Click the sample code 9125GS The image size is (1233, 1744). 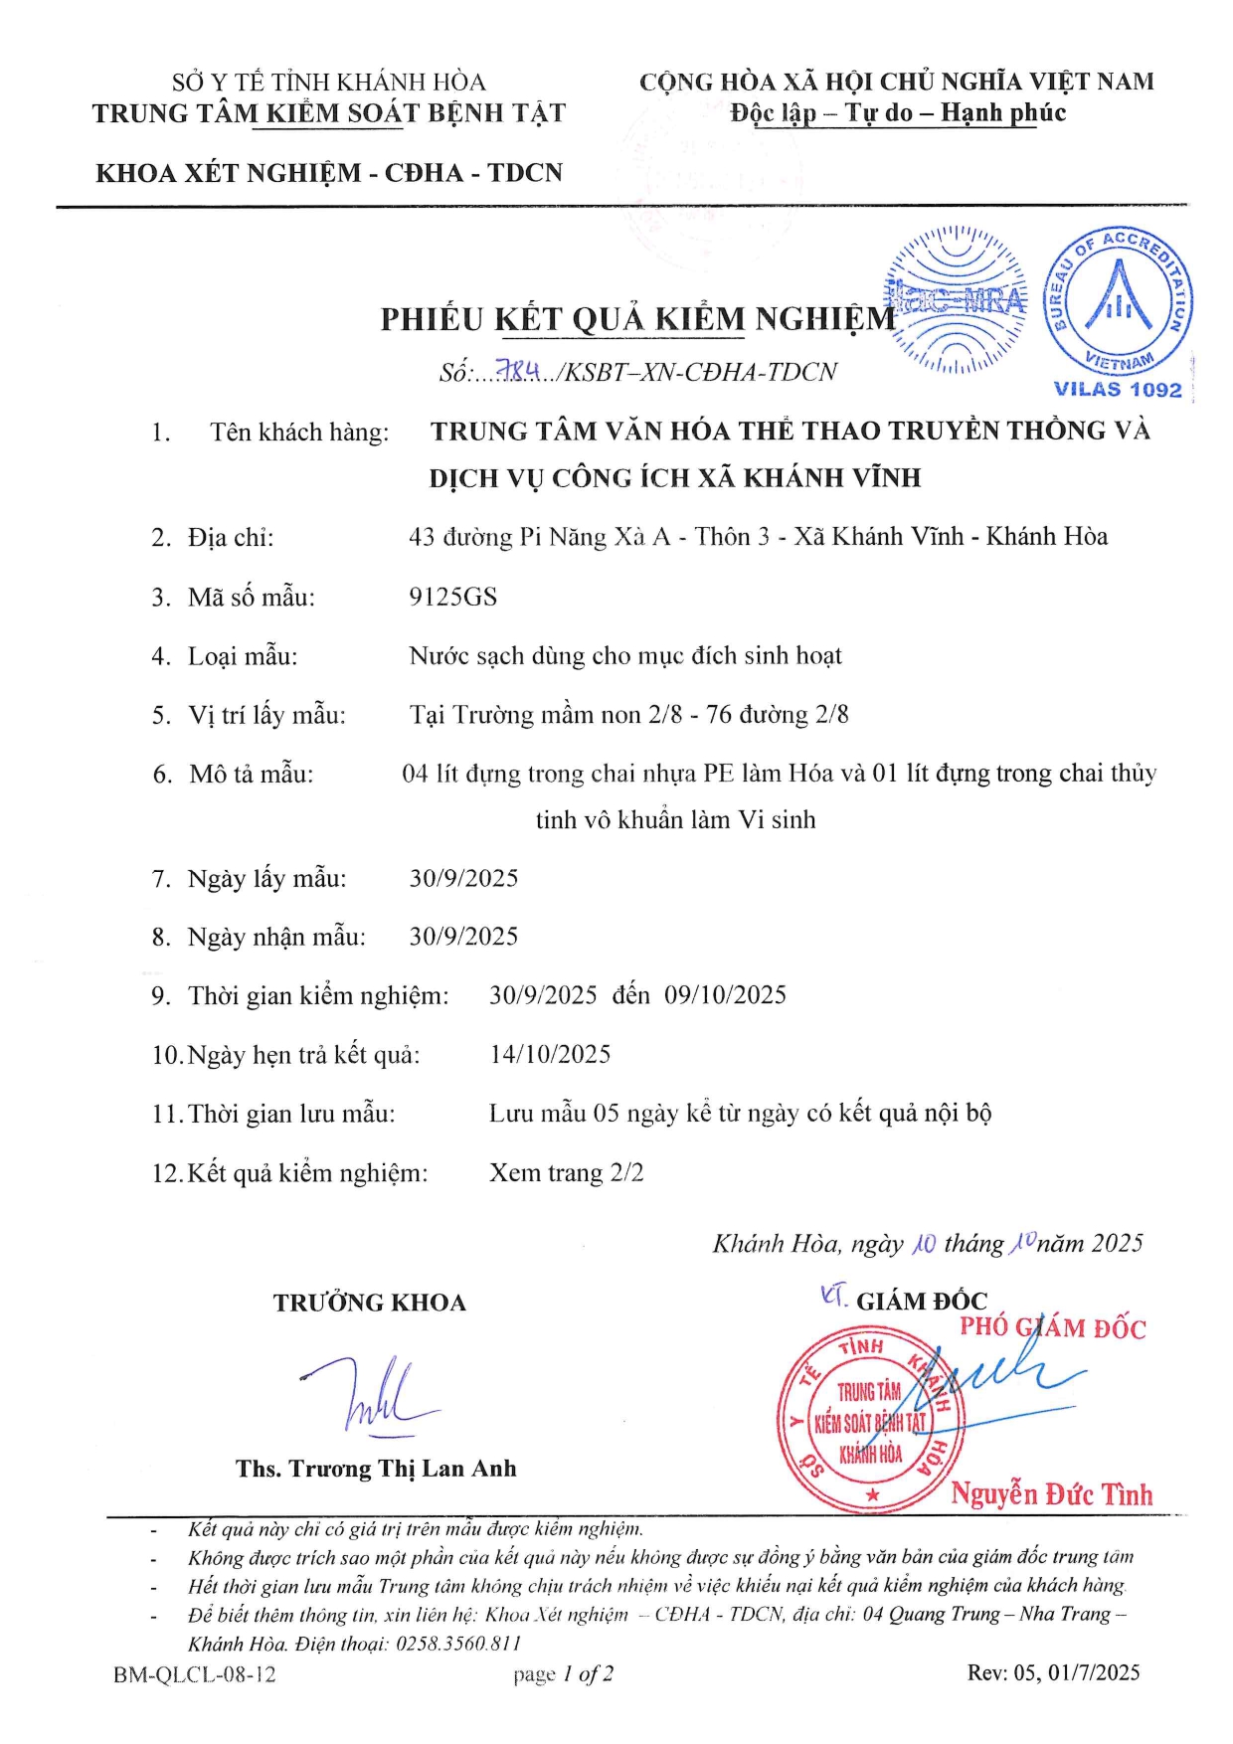452,597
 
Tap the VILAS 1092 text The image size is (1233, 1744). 1118,390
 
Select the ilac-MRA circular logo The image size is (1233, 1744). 957,299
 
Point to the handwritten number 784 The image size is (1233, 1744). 519,371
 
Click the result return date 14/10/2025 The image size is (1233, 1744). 550,1054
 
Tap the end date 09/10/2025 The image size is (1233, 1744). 725,995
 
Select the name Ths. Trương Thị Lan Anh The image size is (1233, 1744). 376,1469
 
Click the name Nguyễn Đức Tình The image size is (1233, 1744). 1051,1494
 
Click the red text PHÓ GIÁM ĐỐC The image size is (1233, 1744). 1052,1328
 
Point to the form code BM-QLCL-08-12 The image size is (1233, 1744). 195,1673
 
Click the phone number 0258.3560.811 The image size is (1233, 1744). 458,1644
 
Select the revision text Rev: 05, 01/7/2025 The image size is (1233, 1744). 1053,1672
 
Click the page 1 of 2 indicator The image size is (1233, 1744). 563,1673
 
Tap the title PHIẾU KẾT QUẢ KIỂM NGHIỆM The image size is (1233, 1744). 637,319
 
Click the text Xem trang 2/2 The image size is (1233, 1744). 566,1172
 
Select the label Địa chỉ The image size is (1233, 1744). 230,538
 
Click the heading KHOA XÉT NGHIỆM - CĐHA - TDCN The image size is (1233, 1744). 329,173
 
